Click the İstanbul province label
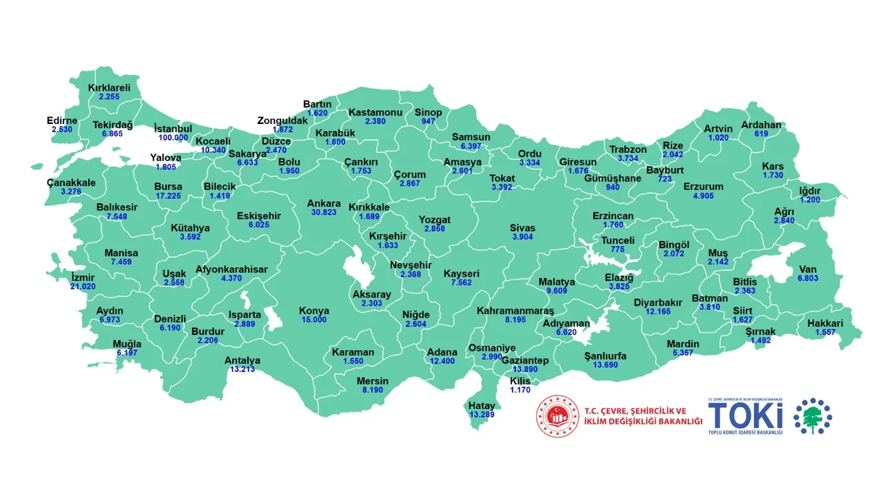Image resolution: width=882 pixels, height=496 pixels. pos(172,129)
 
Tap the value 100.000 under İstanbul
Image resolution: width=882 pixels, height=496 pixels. pos(172,138)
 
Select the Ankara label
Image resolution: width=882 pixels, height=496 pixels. pos(324,204)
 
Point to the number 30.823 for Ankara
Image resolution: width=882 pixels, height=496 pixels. pos(324,213)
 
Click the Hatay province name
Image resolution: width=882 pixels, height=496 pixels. pos(482,406)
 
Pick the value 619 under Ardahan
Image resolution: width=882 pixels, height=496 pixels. pos(761,134)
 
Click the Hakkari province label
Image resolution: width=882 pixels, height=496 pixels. pos(825,323)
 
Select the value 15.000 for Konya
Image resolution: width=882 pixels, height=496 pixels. pos(314,320)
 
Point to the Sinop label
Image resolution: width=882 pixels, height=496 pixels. pos(428,112)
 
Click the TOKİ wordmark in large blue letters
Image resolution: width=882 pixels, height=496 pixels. pos(746,416)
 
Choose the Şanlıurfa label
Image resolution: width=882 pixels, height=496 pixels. pos(605,356)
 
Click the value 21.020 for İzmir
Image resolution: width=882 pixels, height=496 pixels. pos(83,287)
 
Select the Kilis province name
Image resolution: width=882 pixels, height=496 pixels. pos(520,381)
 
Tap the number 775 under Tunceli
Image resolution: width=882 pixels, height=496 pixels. pos(617,249)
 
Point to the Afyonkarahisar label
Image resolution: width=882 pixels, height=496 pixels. pos(232,269)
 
